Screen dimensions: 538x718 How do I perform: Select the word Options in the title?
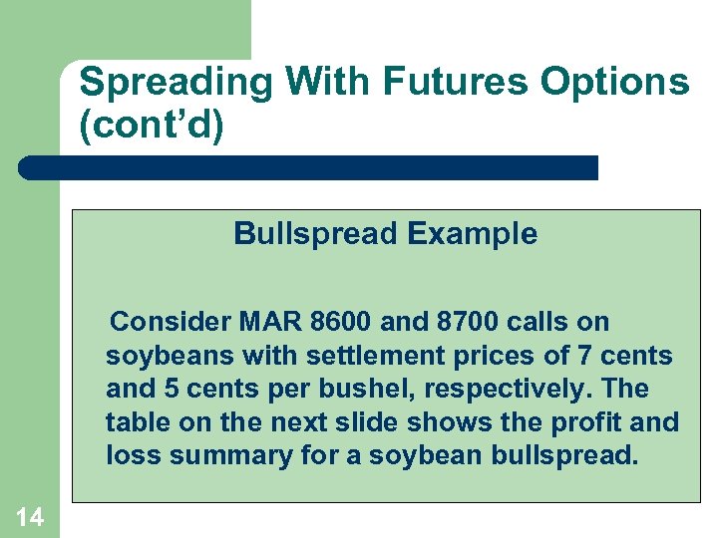coord(614,83)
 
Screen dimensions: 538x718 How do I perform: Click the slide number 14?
coord(29,516)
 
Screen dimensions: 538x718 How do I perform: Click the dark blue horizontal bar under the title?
coord(309,167)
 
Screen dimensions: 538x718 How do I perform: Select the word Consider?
coord(171,322)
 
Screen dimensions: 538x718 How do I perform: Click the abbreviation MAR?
coord(271,322)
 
